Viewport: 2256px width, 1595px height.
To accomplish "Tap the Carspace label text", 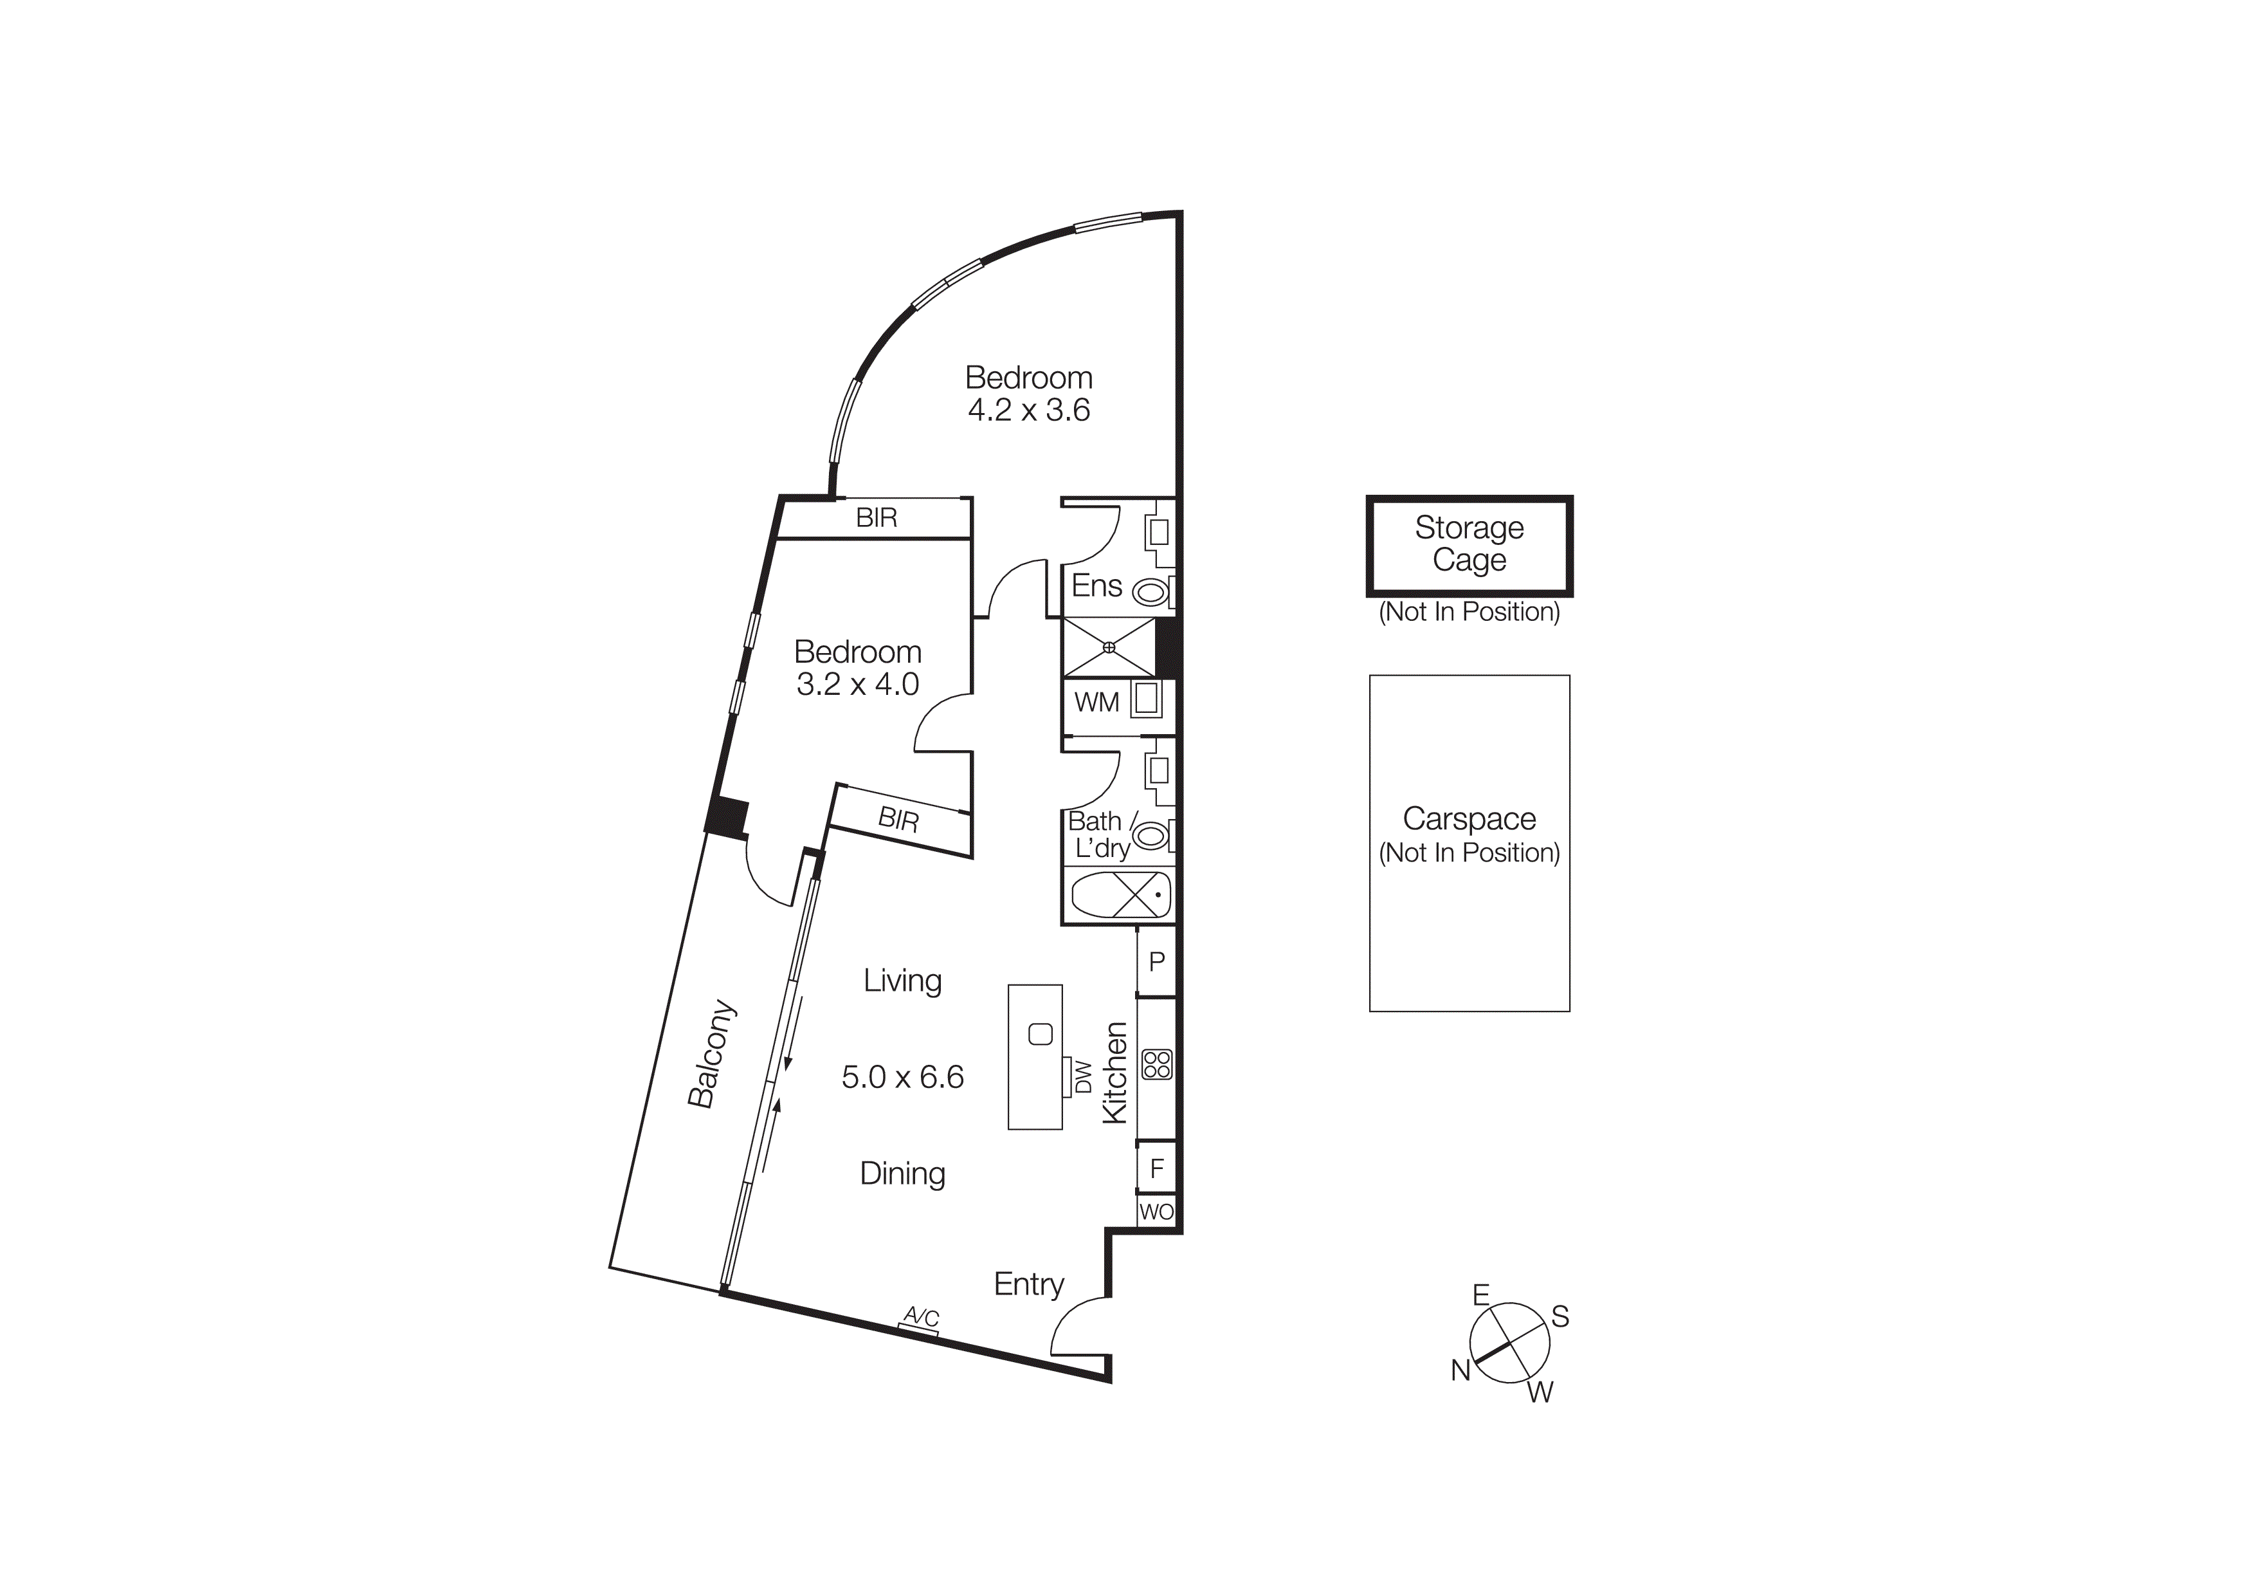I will [x=1469, y=818].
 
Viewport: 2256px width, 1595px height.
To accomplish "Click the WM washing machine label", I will [x=1096, y=703].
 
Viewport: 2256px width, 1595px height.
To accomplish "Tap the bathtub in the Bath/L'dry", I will [x=1121, y=895].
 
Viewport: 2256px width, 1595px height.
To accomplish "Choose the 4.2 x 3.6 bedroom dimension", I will [x=1029, y=410].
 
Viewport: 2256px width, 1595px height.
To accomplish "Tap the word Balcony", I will [x=711, y=1055].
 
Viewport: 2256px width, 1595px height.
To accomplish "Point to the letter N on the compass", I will [x=1460, y=1370].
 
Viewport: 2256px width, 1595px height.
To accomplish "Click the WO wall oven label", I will [x=1156, y=1212].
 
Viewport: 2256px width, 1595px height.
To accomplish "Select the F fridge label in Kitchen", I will [x=1156, y=1168].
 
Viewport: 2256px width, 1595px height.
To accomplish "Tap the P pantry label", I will [x=1156, y=961].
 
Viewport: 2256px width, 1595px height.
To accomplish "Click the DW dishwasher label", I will [x=1084, y=1077].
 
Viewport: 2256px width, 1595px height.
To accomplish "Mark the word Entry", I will [x=1029, y=1284].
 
